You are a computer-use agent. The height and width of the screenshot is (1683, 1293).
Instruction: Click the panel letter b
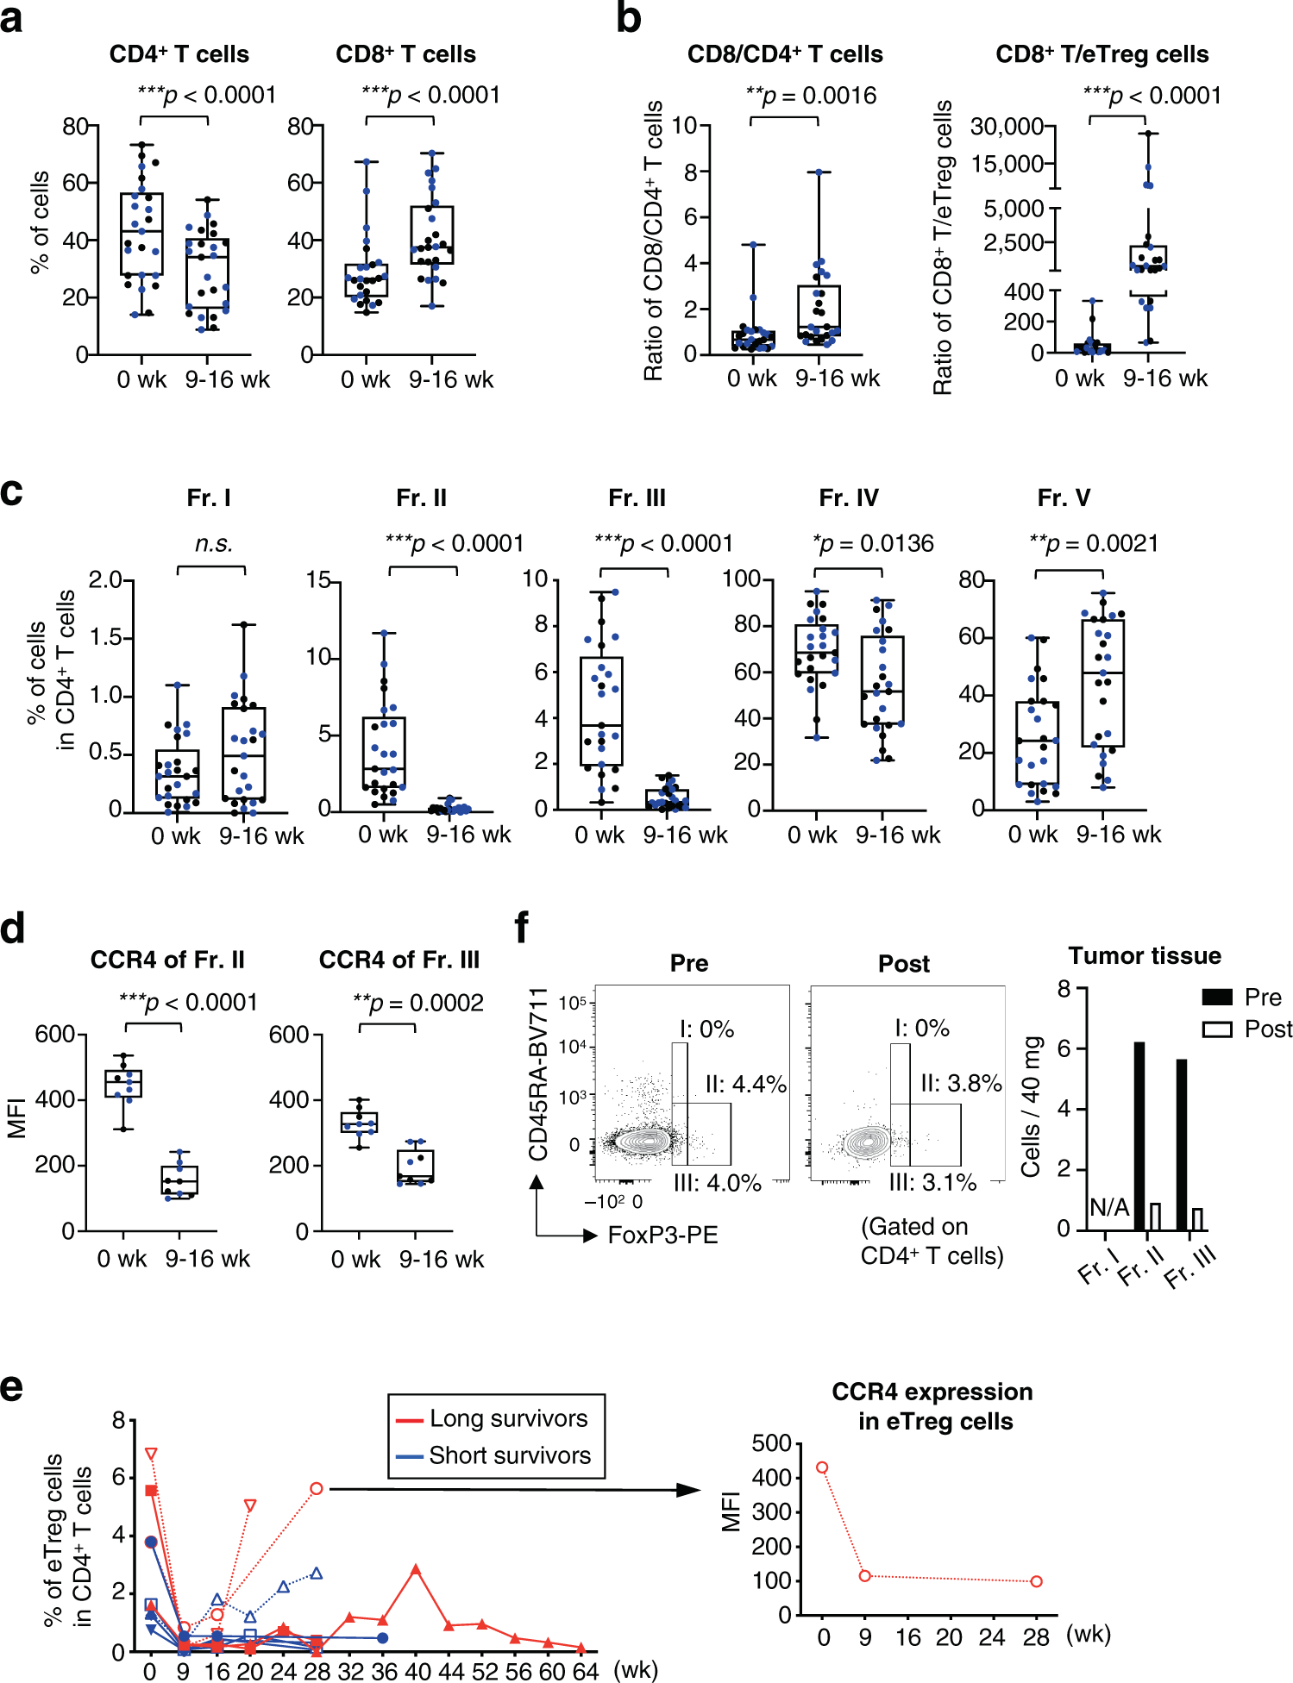tap(629, 19)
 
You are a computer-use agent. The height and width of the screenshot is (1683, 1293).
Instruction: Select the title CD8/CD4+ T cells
tap(785, 54)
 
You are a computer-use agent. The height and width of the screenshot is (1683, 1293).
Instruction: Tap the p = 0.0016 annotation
tap(812, 96)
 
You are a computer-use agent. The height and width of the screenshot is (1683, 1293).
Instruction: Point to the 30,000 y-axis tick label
tap(1007, 127)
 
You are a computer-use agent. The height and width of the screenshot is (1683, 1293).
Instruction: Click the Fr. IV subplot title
tap(849, 498)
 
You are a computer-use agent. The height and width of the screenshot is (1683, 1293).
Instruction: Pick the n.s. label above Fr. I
tap(213, 544)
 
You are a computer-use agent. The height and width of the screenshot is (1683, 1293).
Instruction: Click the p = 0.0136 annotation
tap(873, 544)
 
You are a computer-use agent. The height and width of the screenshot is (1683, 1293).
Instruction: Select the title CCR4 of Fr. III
tap(399, 960)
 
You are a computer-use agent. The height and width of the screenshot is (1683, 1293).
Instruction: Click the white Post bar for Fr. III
tap(1197, 1219)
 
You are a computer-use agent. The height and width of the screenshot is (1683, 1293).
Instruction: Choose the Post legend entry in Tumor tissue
tap(1248, 1029)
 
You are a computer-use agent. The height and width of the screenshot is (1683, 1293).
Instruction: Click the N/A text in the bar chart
tap(1109, 1207)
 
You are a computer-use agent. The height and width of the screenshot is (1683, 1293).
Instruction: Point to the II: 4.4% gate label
tap(746, 1084)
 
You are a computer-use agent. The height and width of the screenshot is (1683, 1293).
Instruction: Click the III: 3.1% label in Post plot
tap(933, 1182)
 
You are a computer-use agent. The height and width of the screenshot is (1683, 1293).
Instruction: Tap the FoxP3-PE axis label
tap(662, 1236)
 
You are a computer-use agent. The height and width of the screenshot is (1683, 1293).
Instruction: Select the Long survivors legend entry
tap(496, 1418)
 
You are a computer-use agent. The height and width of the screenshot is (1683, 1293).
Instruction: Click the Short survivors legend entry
tap(496, 1455)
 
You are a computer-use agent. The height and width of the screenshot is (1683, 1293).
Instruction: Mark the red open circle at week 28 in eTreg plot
tap(317, 1489)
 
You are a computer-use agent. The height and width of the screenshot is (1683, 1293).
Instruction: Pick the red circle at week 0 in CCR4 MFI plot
tap(822, 1467)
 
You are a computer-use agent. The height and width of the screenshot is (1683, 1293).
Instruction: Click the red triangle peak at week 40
tap(416, 1570)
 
